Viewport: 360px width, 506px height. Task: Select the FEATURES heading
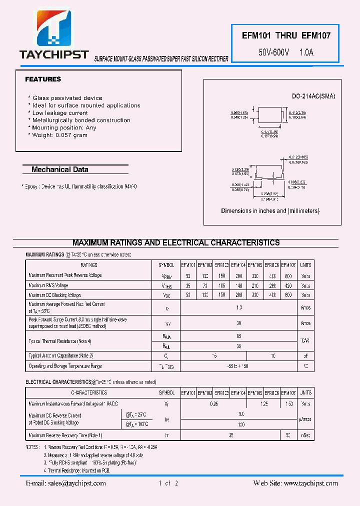(43, 79)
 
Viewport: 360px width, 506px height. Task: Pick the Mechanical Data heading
(60, 169)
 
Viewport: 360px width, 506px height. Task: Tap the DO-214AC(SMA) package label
(313, 96)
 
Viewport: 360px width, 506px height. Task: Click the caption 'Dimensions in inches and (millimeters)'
(270, 211)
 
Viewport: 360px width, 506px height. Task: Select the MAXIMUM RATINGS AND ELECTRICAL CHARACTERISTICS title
(176, 243)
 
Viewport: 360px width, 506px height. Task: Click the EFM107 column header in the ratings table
(288, 265)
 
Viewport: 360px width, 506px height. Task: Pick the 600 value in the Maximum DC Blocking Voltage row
(288, 295)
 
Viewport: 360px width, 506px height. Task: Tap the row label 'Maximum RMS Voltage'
(48, 285)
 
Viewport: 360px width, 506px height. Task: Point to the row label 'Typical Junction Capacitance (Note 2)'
(61, 355)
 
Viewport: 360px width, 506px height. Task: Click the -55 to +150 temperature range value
(238, 366)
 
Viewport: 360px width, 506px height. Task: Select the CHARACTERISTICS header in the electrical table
(89, 393)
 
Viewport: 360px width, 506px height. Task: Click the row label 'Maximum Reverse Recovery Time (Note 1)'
(65, 435)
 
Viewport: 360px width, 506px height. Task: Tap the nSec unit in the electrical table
(305, 435)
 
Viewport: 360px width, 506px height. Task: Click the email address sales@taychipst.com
(66, 483)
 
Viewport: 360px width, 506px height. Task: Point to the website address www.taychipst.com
(295, 483)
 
